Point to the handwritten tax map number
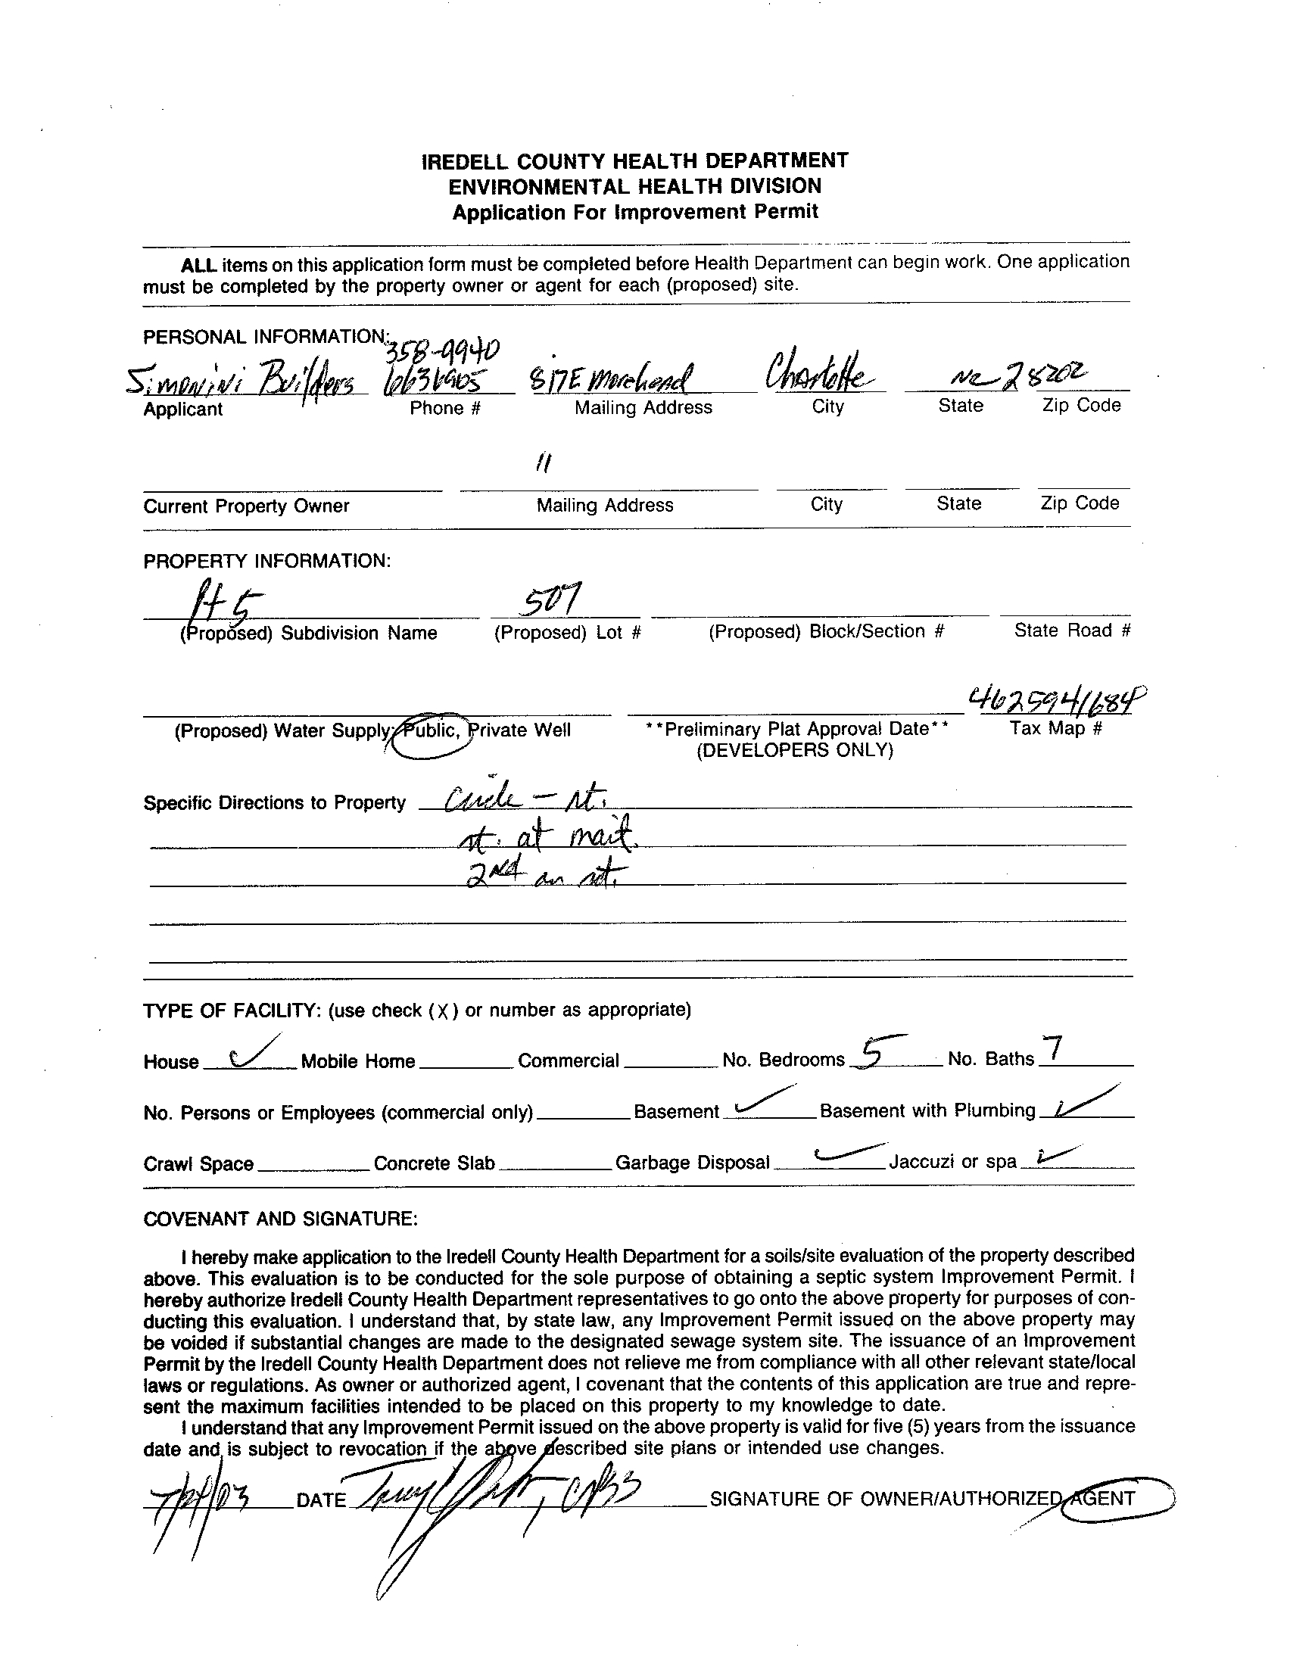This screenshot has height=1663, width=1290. pyautogui.click(x=1057, y=697)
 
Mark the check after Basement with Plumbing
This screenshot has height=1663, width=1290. pyautogui.click(x=1083, y=1104)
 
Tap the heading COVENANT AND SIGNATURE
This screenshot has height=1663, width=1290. pyautogui.click(x=280, y=1219)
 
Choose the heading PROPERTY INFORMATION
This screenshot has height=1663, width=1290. pyautogui.click(x=266, y=561)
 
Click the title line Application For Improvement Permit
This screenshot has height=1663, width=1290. pyautogui.click(x=635, y=212)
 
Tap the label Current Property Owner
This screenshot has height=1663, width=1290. pyautogui.click(x=246, y=506)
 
